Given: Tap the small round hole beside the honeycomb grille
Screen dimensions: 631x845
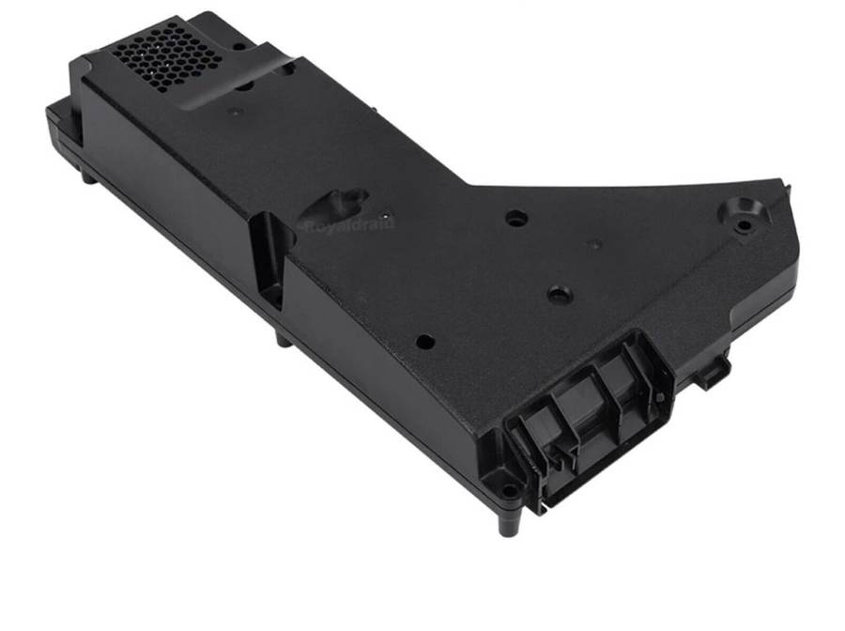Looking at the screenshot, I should pyautogui.click(x=241, y=44).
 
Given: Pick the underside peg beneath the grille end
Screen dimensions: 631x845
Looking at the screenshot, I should pyautogui.click(x=87, y=176).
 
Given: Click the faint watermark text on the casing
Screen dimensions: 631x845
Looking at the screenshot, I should pyautogui.click(x=346, y=223).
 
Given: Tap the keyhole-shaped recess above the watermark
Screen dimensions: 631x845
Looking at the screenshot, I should pyautogui.click(x=343, y=199).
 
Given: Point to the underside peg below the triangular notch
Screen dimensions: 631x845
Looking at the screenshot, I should pyautogui.click(x=283, y=339).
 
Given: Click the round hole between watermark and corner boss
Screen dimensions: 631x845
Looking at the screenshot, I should pyautogui.click(x=515, y=218).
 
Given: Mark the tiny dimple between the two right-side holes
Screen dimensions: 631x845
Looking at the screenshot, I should pyautogui.click(x=592, y=244).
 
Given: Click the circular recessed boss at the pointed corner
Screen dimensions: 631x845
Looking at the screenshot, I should pyautogui.click(x=745, y=212).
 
